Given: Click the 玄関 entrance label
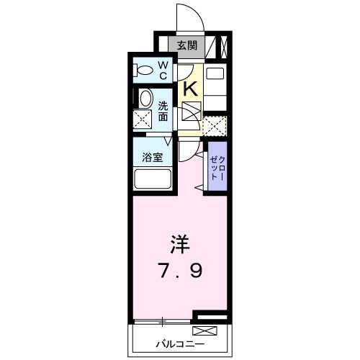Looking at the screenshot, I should coord(186,45).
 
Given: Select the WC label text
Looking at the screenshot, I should coord(163,71).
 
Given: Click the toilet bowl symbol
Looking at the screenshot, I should coord(145,71).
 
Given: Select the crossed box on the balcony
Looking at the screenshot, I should coord(204,332).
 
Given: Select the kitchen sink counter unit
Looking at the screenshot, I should coord(215,84).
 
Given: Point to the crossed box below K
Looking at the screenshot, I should coord(191,114).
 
